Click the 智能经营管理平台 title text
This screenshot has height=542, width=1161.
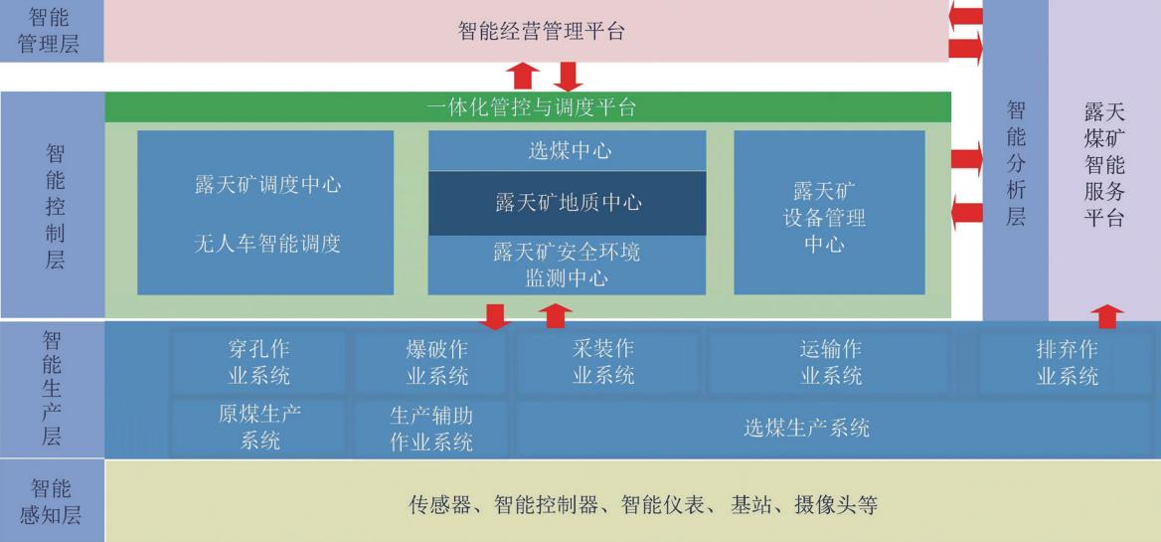tap(542, 32)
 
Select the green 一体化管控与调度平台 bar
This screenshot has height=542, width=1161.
tap(527, 107)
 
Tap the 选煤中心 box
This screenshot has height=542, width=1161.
tap(568, 151)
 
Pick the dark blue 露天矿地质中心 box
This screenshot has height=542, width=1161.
tap(568, 203)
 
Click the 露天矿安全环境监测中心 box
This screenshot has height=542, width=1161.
tap(568, 266)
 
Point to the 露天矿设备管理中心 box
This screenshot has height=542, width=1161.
tap(829, 213)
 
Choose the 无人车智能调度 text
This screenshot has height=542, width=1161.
tap(267, 242)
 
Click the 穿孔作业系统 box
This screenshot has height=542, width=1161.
tap(259, 362)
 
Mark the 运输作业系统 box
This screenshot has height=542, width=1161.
tap(831, 362)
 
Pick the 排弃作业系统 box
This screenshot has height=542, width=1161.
tap(1067, 362)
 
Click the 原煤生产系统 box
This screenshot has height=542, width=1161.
tap(259, 428)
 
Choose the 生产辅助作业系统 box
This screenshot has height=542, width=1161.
tap(431, 428)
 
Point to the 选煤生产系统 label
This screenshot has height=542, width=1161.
tap(806, 428)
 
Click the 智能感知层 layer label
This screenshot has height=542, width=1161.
tap(51, 501)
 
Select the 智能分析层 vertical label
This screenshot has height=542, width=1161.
tap(1015, 163)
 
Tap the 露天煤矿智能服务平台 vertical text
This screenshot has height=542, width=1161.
tap(1104, 164)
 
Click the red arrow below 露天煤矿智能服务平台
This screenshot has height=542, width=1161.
tap(1107, 316)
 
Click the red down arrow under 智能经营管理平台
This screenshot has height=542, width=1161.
tap(568, 77)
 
